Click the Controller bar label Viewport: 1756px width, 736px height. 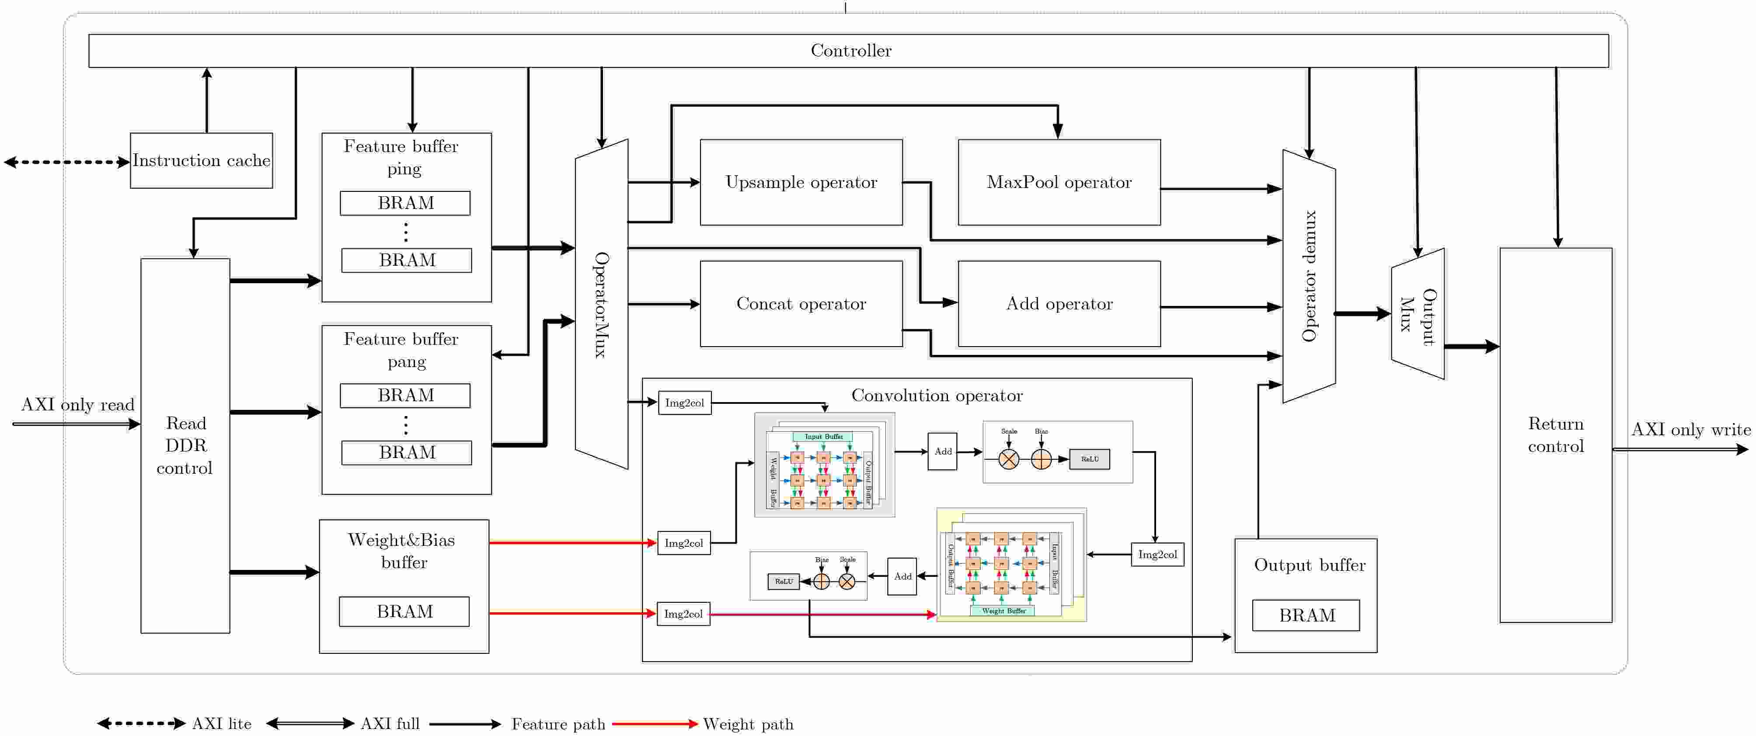coord(851,50)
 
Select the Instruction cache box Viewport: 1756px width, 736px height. coord(201,161)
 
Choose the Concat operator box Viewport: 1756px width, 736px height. coord(801,304)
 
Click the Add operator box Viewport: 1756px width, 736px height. coord(1059,304)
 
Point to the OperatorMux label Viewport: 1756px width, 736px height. coord(600,305)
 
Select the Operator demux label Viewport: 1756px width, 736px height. coord(1309,276)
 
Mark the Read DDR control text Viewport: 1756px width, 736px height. coord(185,446)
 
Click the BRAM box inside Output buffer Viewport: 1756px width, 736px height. coord(1306,615)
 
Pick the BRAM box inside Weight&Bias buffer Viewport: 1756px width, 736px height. coord(404,611)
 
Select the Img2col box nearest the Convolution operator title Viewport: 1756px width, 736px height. coord(684,403)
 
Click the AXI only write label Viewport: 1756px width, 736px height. coord(1690,429)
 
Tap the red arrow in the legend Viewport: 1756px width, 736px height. coord(655,724)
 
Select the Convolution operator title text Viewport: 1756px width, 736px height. coord(937,396)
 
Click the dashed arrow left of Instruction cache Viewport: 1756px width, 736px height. coord(67,162)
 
